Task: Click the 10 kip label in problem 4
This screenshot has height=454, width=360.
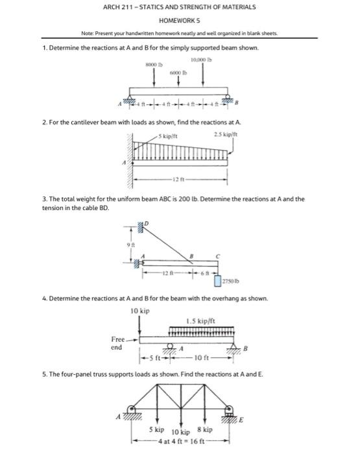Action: coord(139,311)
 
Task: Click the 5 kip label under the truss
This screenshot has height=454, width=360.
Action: coord(156,430)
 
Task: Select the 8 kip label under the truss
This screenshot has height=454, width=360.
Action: coord(204,430)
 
